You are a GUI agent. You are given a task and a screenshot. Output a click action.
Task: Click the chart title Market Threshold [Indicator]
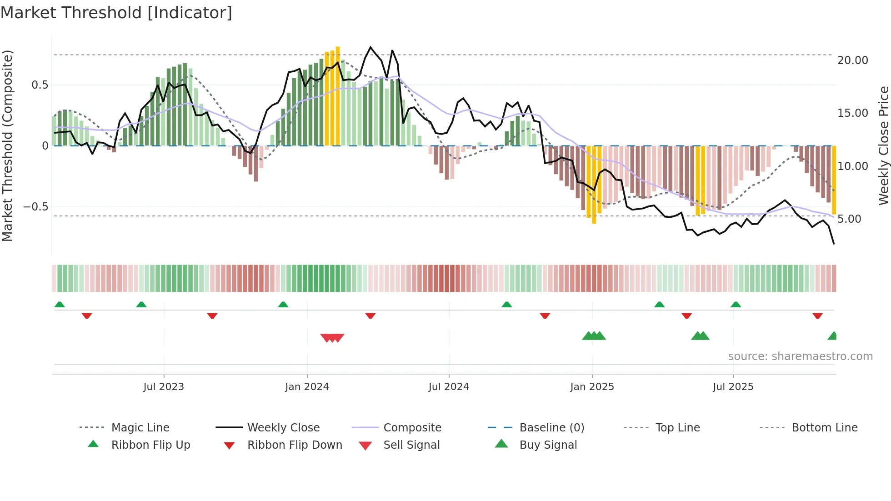[x=116, y=13]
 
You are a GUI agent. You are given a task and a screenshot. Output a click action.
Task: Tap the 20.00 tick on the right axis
[x=852, y=60]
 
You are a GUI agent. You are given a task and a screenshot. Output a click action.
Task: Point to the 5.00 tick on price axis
[x=849, y=219]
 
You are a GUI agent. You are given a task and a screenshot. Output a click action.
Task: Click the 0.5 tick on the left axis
[x=40, y=85]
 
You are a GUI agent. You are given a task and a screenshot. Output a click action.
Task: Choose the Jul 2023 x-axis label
[x=164, y=386]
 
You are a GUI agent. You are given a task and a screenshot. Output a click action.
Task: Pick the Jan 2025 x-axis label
[x=592, y=386]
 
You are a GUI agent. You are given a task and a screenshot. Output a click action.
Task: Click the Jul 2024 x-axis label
[x=449, y=386]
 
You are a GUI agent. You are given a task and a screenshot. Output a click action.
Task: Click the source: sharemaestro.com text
[x=800, y=356]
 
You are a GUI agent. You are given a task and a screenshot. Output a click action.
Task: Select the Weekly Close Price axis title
[x=883, y=145]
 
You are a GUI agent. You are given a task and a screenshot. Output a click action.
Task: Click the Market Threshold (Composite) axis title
[x=7, y=145]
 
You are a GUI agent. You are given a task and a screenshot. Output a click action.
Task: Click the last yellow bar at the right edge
[x=834, y=180]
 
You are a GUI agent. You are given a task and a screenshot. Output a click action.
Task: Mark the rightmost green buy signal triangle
[x=832, y=336]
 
